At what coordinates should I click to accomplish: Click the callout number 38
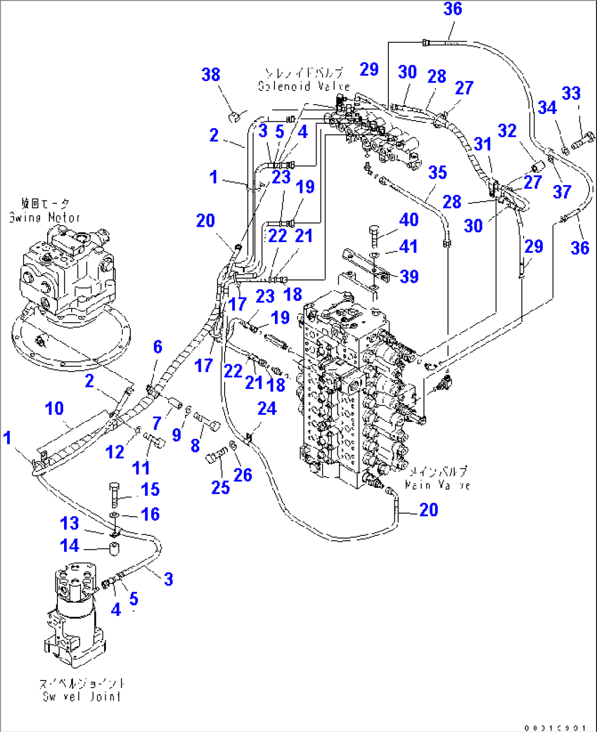[211, 75]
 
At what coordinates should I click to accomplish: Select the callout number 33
[571, 93]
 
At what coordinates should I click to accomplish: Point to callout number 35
[437, 173]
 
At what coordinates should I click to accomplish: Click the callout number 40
[409, 220]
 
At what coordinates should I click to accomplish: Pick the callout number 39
[409, 276]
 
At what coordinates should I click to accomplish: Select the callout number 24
[267, 408]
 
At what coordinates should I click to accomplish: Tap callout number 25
[220, 487]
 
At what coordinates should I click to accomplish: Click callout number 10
[54, 408]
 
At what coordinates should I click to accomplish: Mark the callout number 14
[70, 546]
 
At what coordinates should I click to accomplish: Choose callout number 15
[150, 489]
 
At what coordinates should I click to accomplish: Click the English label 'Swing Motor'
[44, 218]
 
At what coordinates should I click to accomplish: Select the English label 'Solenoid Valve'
[304, 86]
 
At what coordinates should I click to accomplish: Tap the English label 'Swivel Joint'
[82, 696]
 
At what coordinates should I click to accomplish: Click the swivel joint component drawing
[74, 608]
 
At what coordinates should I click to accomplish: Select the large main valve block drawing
[356, 394]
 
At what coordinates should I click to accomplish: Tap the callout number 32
[507, 130]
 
